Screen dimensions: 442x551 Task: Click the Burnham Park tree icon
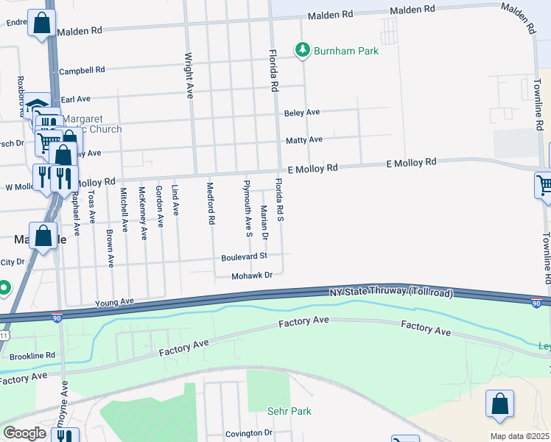[x=301, y=50]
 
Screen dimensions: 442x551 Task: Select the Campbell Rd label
[x=82, y=70]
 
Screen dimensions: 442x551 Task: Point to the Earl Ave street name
[x=75, y=99]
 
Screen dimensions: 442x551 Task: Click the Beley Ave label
[x=302, y=113]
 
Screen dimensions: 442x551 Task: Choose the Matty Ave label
[x=304, y=139]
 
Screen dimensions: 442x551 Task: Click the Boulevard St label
[x=244, y=257]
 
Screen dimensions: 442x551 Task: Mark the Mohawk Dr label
[x=252, y=276]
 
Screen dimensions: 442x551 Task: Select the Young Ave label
[x=114, y=302]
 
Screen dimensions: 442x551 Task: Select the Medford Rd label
[x=211, y=203]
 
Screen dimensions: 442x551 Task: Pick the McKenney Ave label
[x=143, y=213]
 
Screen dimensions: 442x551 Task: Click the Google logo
[x=24, y=433]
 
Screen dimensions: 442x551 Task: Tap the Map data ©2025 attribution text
[x=519, y=436]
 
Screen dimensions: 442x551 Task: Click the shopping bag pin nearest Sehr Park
[x=499, y=404]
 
